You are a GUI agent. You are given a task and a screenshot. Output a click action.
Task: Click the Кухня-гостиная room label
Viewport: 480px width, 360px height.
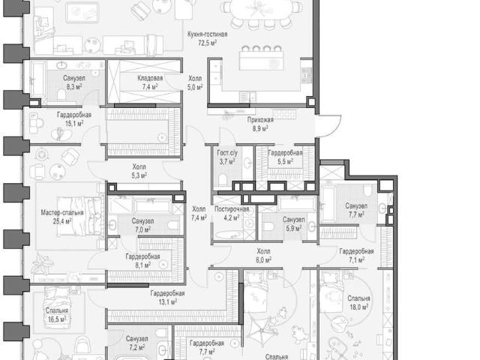[208, 34]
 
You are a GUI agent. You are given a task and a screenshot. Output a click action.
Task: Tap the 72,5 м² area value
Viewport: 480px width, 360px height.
[208, 43]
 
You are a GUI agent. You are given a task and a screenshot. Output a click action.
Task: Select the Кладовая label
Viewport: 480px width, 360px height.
[150, 78]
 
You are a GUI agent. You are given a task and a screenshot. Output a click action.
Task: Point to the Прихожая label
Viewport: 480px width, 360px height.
[260, 120]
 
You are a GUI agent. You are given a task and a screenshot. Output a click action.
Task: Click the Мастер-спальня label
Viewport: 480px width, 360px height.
[62, 212]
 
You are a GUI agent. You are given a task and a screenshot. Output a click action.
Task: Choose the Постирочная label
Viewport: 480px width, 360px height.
[232, 209]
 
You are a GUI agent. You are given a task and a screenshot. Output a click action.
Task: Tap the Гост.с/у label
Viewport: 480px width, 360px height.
[227, 153]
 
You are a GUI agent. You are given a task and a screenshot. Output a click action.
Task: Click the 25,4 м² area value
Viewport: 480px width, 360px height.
[62, 220]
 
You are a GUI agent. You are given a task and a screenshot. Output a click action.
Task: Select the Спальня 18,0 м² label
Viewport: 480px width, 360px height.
[358, 302]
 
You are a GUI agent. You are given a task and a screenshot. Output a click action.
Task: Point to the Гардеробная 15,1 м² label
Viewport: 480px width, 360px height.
[74, 119]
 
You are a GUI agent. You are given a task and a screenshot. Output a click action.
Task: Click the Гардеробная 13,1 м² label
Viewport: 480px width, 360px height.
[167, 298]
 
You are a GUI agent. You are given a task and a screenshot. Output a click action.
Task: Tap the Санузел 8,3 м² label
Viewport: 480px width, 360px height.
[74, 82]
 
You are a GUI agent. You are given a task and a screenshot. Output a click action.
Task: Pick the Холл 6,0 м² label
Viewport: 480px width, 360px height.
[263, 256]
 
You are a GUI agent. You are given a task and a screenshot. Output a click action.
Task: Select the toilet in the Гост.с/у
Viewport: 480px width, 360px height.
[222, 180]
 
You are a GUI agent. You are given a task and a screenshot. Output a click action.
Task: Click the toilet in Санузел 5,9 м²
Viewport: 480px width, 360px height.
[268, 226]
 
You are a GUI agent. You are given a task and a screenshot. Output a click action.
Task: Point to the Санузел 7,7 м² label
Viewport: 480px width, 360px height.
[356, 210]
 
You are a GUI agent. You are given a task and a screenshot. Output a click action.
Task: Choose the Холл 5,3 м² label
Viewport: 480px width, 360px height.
[139, 171]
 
